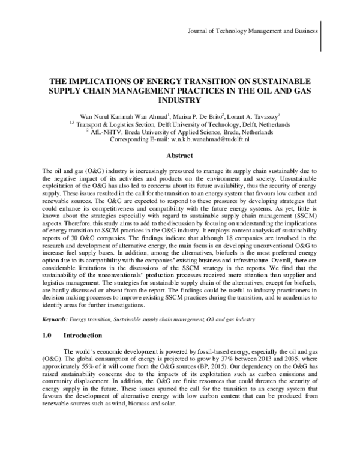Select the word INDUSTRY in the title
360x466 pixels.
click(179, 100)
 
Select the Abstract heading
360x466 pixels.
click(179, 155)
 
